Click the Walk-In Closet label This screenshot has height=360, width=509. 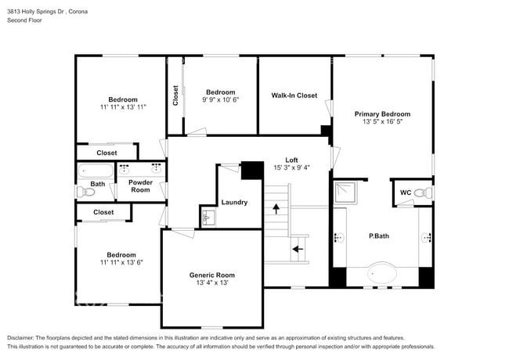click(x=294, y=95)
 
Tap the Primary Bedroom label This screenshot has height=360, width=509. click(x=382, y=114)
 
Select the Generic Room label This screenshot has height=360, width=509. click(x=211, y=275)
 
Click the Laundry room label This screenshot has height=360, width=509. click(x=234, y=202)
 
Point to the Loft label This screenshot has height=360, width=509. click(x=291, y=160)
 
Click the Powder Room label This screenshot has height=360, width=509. click(x=140, y=186)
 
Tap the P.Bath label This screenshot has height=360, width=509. click(x=380, y=236)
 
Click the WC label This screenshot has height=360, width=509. click(x=405, y=192)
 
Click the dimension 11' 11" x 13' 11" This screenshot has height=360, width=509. click(x=123, y=106)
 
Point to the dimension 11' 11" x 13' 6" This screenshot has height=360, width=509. click(x=121, y=262)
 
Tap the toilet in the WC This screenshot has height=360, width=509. click(x=421, y=193)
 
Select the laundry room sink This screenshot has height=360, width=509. click(x=208, y=217)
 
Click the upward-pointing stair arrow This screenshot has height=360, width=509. click(x=275, y=208)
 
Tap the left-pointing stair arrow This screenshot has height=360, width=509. click(x=297, y=250)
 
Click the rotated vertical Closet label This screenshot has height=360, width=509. click(x=175, y=95)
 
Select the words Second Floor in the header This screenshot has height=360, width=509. click(x=24, y=20)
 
